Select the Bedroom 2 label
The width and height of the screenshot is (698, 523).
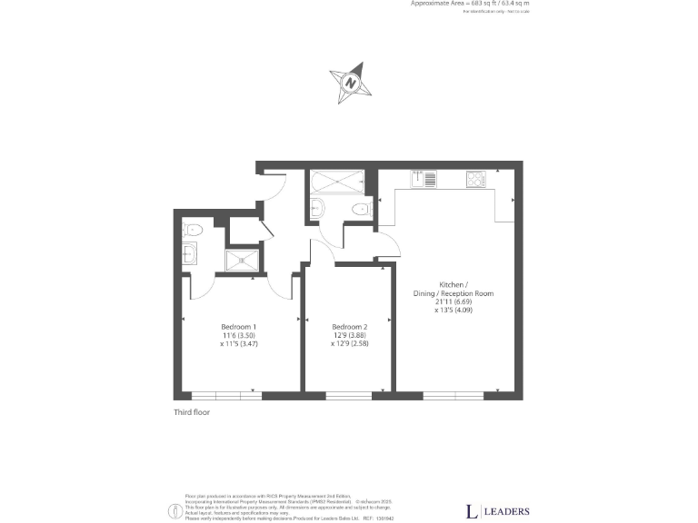pyautogui.click(x=350, y=327)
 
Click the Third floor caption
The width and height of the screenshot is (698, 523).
pyautogui.click(x=192, y=412)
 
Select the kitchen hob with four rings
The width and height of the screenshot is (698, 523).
pyautogui.click(x=475, y=180)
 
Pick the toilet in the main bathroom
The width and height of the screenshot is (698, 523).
pyautogui.click(x=360, y=211)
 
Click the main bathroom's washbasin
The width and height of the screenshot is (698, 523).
pyautogui.click(x=315, y=210)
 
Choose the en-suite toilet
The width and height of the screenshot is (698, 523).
pyautogui.click(x=192, y=229)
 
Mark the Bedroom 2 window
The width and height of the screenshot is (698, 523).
pyautogui.click(x=349, y=395)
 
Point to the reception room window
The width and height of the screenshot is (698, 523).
pyautogui.click(x=453, y=395)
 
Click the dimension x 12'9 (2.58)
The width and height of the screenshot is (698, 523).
pyautogui.click(x=350, y=344)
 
